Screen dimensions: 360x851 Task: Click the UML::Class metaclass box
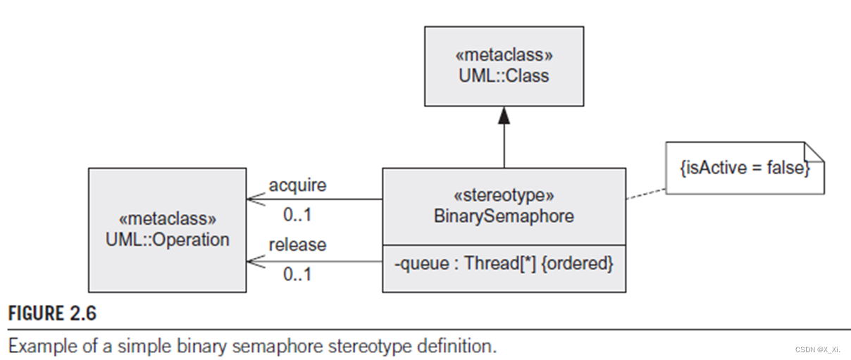(504, 66)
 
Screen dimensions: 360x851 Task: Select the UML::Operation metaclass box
(167, 229)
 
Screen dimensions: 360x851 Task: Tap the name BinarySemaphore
(504, 216)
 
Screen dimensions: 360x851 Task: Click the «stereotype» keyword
(504, 195)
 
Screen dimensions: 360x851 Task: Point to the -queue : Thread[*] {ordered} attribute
(504, 265)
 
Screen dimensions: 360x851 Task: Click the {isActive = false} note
(744, 169)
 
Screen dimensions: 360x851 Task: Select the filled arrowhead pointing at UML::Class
(504, 116)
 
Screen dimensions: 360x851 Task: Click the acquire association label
(297, 185)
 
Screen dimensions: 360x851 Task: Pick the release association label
(297, 244)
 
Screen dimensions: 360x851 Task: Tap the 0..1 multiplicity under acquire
(297, 213)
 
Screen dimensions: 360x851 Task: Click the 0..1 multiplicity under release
(297, 274)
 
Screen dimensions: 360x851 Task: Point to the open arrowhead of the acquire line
(252, 199)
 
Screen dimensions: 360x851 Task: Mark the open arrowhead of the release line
(252, 261)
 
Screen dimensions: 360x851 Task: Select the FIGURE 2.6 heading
(52, 314)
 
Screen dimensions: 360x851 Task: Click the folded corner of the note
(814, 151)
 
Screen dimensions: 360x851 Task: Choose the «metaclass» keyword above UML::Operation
(167, 218)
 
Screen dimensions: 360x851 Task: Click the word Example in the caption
(37, 346)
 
